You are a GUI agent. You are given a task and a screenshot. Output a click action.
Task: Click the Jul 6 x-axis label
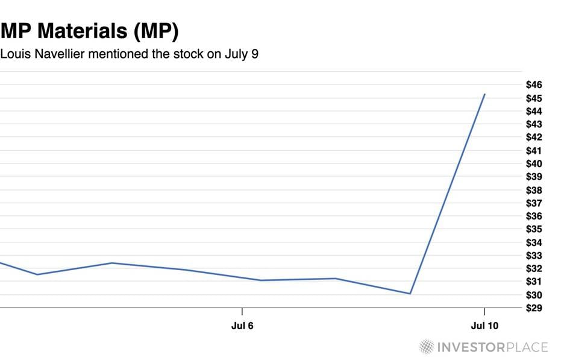point(242,326)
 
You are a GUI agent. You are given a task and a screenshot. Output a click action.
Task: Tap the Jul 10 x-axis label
point(484,326)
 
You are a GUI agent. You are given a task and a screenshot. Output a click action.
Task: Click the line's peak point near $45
point(484,94)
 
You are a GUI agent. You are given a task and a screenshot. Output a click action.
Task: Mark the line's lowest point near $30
point(410,294)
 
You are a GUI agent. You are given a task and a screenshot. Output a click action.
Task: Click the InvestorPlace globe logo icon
point(427,347)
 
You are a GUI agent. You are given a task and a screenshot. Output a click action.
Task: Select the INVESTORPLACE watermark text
point(492,347)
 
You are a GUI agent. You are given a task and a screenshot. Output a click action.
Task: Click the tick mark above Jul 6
point(242,311)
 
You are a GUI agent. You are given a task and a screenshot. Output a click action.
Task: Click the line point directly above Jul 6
point(242,279)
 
